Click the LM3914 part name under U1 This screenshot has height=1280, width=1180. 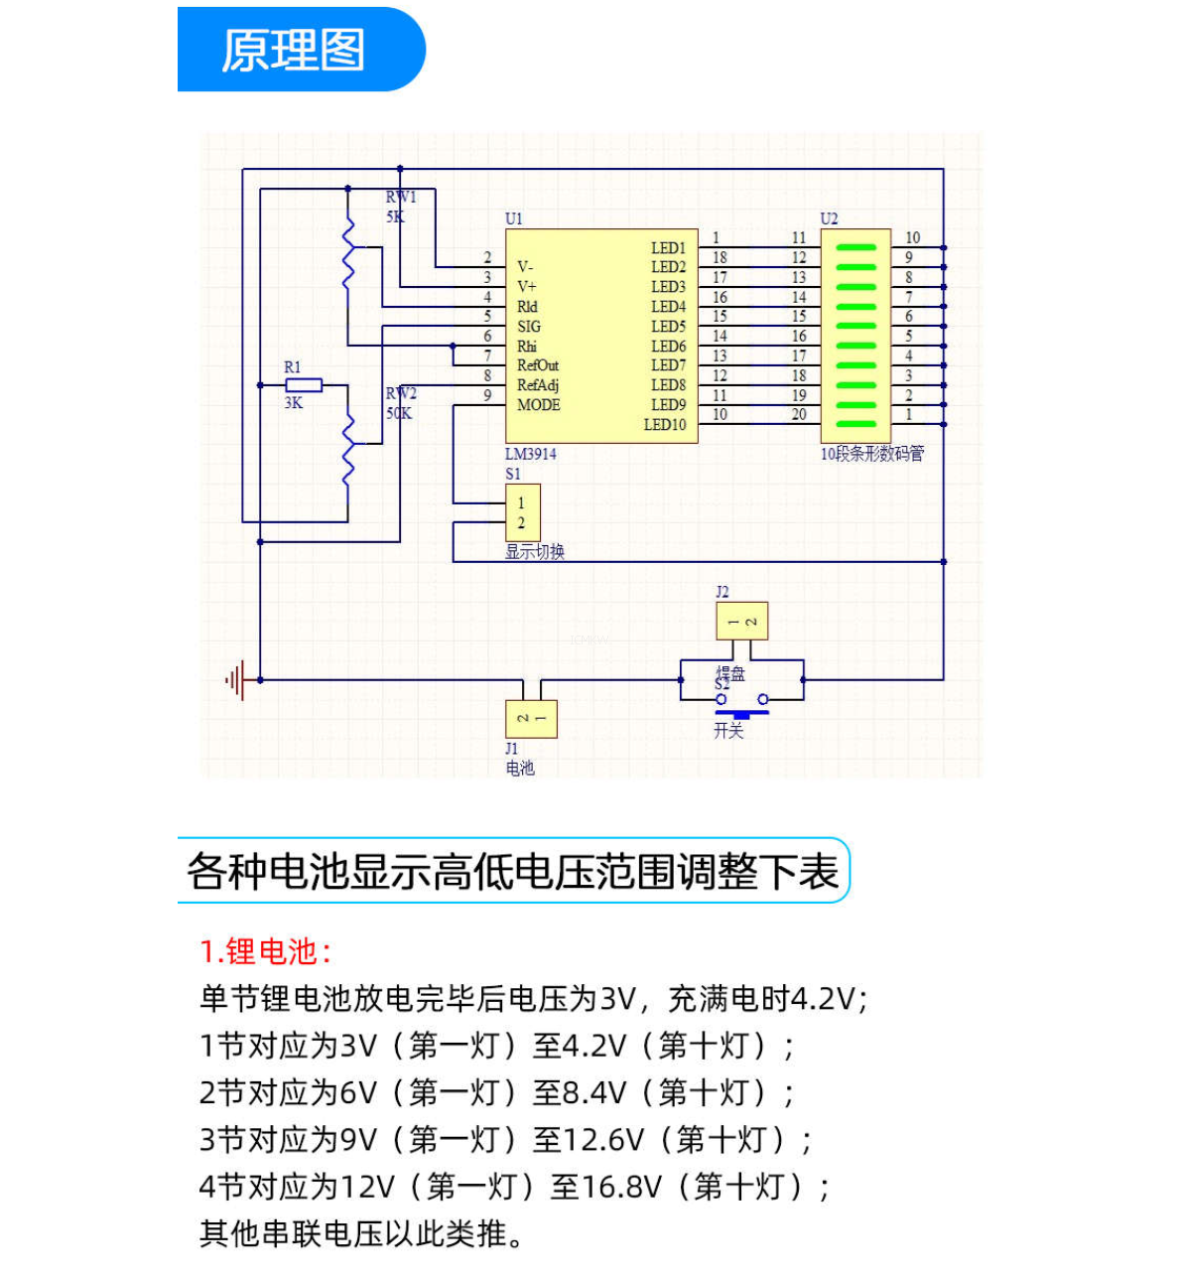tap(530, 454)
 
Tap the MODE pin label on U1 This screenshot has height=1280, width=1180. tap(538, 405)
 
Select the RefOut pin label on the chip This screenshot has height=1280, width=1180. tap(537, 365)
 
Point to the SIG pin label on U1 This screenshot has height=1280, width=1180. tap(529, 327)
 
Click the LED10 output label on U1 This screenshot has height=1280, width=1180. tap(664, 425)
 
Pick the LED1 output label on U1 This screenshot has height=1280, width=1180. tap(668, 248)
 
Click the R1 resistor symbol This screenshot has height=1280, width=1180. tap(304, 385)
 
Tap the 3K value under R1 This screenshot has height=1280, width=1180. tap(294, 403)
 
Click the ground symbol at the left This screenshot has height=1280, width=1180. tap(237, 681)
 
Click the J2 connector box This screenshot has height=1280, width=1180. tap(741, 622)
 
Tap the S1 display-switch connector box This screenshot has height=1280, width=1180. tap(522, 512)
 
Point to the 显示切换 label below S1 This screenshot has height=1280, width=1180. tap(535, 552)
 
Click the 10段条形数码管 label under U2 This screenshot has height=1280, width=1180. tap(871, 454)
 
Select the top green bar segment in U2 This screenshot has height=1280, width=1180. tap(855, 248)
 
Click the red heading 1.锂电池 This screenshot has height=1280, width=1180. tap(265, 951)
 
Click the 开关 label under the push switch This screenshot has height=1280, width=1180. tap(728, 731)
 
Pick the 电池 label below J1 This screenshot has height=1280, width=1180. tap(520, 768)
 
